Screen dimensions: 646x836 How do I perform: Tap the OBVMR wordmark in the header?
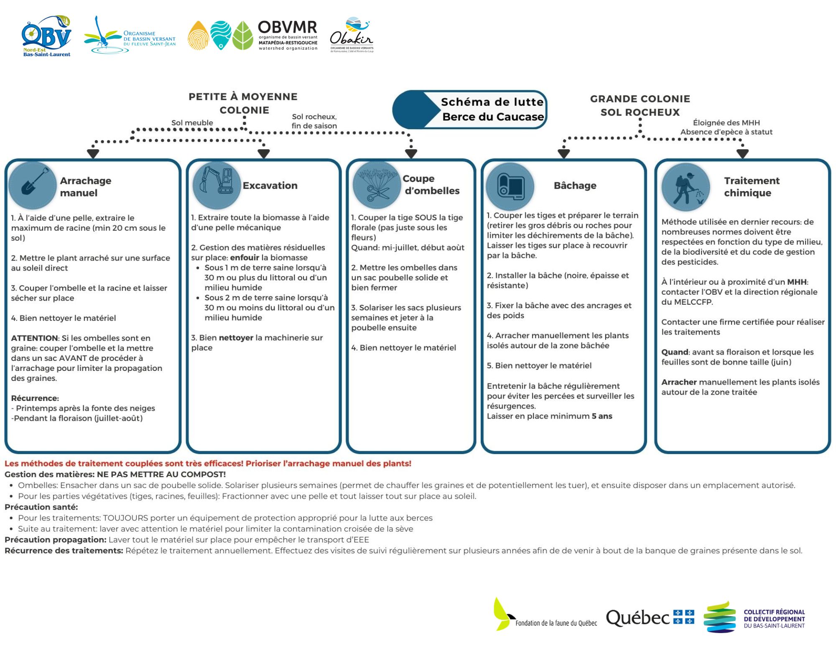coord(287,27)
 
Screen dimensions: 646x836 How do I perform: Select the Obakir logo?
coord(352,35)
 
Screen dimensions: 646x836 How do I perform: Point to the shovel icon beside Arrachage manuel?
coord(33,185)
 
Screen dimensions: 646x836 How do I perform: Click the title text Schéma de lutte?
coord(492,102)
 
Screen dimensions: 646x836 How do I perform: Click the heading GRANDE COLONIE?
coord(640,99)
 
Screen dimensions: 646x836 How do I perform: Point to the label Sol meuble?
coord(192,123)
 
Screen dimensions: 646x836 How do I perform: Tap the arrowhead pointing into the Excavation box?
coord(264,153)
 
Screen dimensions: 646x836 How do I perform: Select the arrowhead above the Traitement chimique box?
coord(742,154)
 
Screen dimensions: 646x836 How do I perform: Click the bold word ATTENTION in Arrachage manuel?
coord(34,338)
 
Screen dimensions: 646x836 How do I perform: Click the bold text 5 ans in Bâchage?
coord(602,416)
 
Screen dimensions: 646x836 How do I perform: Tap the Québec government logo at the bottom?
coord(650,618)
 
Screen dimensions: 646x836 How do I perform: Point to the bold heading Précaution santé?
coord(41,507)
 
